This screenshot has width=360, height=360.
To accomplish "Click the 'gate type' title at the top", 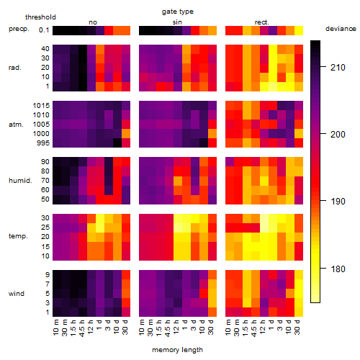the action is [x=178, y=12].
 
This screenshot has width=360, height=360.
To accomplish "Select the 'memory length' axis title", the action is [x=178, y=350].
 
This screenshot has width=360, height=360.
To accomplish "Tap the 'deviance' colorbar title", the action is [x=341, y=29].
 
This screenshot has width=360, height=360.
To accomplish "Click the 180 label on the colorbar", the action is [x=338, y=269].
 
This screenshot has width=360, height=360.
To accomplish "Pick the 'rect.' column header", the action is [x=261, y=22].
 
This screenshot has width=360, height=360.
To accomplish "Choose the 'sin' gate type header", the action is [x=177, y=22].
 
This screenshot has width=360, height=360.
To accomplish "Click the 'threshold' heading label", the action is [x=40, y=17].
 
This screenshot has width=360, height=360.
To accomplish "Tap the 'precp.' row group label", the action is [x=19, y=29].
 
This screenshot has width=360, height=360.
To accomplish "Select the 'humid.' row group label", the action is [x=20, y=181].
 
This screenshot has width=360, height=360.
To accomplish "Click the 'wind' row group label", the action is [x=17, y=294].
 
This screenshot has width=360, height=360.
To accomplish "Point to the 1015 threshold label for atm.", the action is [x=41, y=106].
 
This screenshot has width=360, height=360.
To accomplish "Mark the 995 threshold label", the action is [x=43, y=143].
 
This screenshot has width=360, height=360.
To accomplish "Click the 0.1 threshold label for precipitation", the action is [x=44, y=30].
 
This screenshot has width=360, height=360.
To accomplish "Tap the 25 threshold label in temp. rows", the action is [x=45, y=227].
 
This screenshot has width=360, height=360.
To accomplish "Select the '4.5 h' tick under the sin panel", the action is [x=168, y=328].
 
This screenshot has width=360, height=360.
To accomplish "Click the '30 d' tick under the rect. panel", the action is [x=297, y=327].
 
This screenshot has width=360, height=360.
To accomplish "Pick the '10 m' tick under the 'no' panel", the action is [x=55, y=327].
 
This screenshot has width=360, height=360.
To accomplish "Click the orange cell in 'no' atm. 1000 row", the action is [x=126, y=134].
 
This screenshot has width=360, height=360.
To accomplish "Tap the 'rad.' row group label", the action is [x=15, y=68].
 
